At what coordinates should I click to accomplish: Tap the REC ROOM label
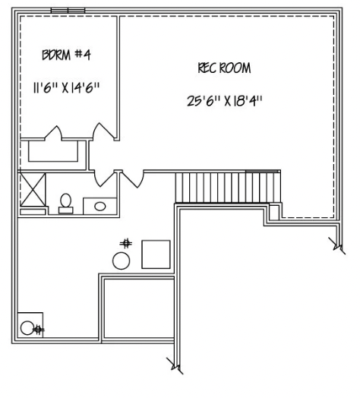coord(224,68)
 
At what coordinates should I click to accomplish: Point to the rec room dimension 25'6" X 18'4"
coord(226,100)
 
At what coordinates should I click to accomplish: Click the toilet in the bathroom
coord(66,203)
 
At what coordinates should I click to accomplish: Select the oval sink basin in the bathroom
coord(99,206)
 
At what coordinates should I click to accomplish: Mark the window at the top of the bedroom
coord(67,11)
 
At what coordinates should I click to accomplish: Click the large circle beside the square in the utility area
coord(122,261)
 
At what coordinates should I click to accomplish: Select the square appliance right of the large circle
coord(156,253)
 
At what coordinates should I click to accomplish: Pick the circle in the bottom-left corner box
coord(27,328)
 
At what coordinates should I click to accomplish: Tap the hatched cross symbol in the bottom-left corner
coord(38,329)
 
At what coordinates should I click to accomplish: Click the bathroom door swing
coord(104,179)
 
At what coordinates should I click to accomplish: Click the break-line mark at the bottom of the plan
coord(176,368)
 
